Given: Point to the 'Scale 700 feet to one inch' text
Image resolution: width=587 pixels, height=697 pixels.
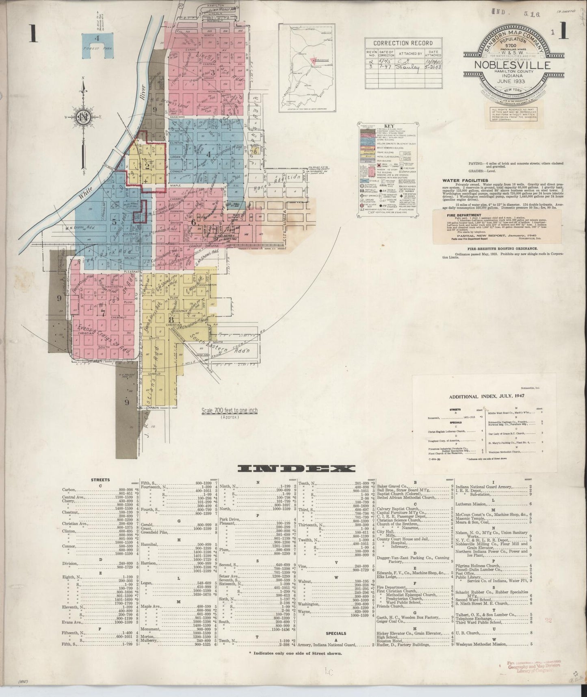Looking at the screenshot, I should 230,411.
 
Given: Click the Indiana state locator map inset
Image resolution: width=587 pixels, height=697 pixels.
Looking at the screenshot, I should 307,67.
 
